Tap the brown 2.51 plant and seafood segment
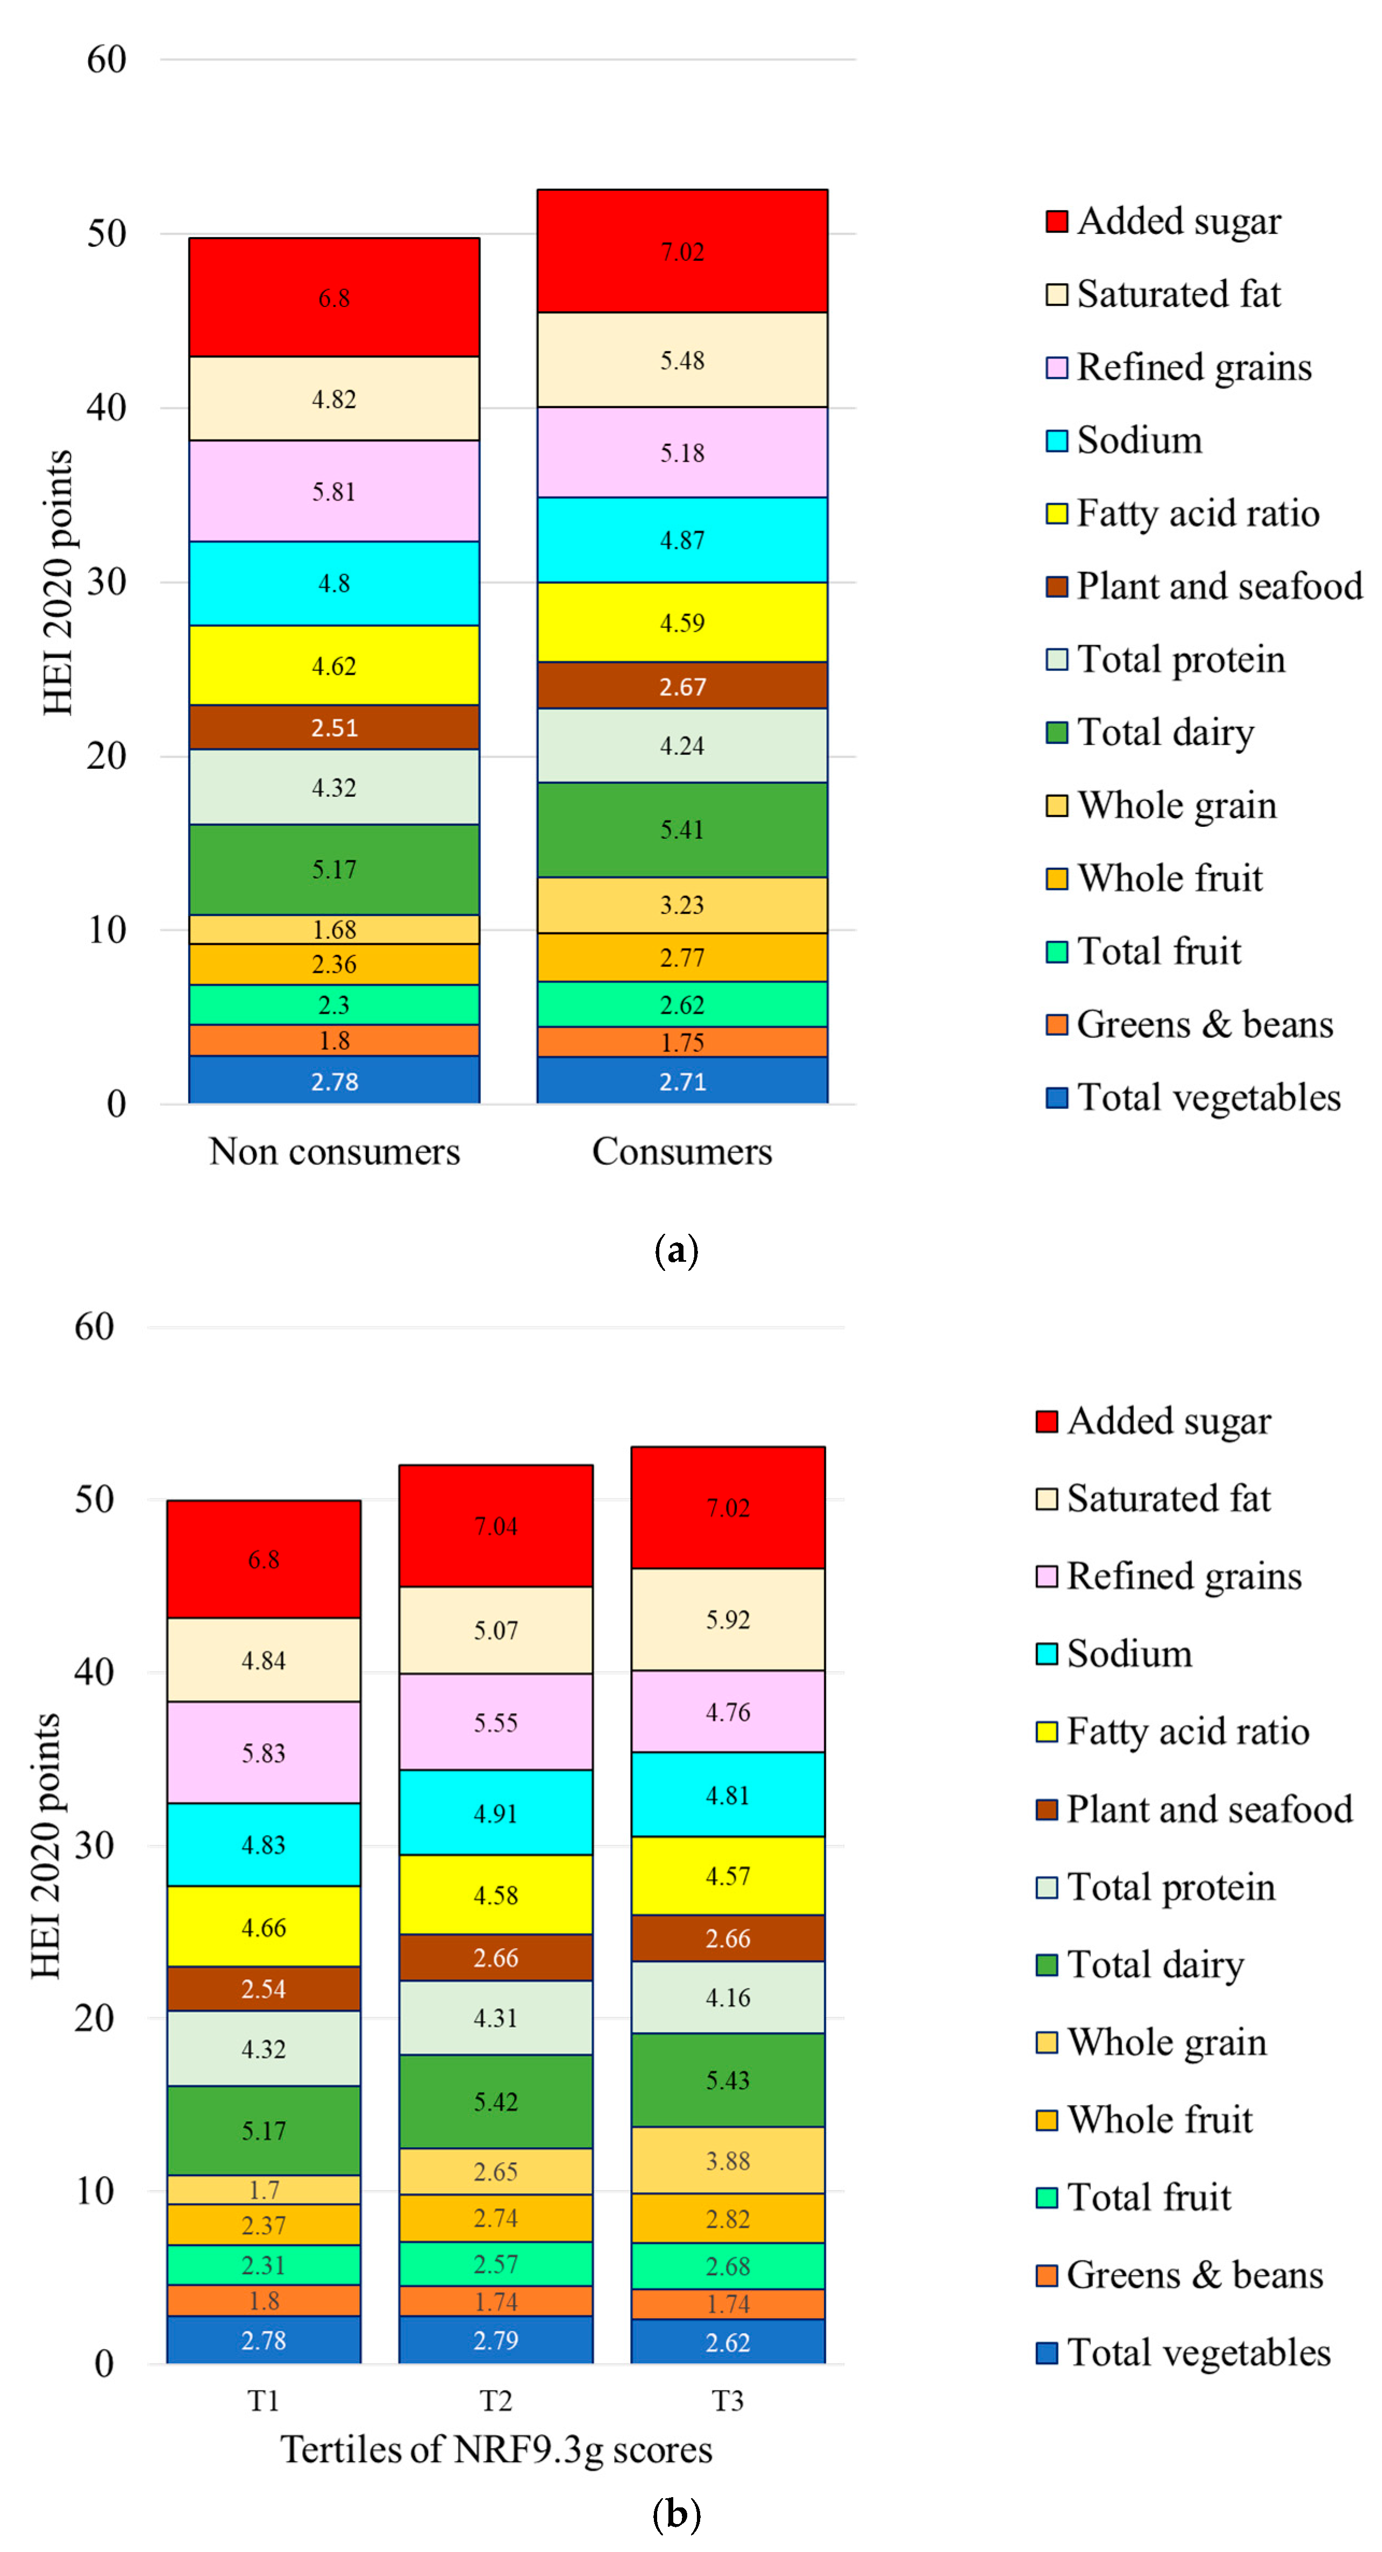tap(334, 727)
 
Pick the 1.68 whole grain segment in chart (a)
tap(334, 930)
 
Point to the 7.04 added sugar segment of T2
tap(495, 1526)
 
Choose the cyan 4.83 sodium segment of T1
tap(263, 1843)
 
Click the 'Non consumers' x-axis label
tap(334, 1151)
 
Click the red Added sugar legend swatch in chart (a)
tap(1056, 221)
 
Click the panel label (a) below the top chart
tap(676, 1250)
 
